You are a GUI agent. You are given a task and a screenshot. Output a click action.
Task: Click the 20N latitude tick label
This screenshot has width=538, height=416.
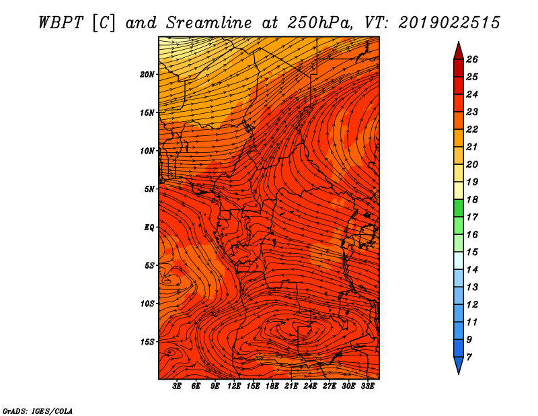pos(147,75)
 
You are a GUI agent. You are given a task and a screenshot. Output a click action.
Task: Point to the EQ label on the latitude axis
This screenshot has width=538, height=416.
pos(149,228)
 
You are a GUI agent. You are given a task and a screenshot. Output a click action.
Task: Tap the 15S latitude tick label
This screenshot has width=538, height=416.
pos(147,342)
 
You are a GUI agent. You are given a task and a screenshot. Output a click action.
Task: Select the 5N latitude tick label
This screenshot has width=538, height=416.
pos(149,189)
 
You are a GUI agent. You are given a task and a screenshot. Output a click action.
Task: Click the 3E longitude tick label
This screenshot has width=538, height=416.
pos(177,386)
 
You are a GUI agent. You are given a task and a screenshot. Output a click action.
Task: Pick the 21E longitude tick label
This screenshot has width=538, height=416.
pos(291,386)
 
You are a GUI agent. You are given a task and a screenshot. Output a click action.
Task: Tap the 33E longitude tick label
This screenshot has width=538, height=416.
pos(367,386)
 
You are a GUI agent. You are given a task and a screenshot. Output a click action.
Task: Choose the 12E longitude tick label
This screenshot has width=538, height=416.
pos(233,386)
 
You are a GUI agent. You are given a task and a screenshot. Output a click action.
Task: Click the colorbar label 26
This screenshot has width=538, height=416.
pos(472,59)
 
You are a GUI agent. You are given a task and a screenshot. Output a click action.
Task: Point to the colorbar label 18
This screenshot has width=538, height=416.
pos(472,199)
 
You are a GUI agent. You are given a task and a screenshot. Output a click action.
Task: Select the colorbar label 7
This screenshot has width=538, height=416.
pos(469,357)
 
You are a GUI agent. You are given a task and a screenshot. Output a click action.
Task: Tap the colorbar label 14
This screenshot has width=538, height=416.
pos(472,270)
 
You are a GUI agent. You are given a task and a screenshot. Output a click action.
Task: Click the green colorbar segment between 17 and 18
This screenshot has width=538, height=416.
pos(459,208)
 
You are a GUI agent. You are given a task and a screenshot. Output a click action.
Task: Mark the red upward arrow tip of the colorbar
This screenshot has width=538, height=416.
pos(459,42)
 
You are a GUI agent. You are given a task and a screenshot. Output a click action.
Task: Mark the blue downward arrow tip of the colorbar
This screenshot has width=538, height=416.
pos(459,374)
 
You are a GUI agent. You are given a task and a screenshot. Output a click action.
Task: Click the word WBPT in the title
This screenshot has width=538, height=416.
pos(61,23)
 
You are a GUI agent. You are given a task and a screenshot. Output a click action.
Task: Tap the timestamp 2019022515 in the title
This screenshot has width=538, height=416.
pos(449,23)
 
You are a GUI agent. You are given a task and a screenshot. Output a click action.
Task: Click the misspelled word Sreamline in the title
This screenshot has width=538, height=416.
pos(208,23)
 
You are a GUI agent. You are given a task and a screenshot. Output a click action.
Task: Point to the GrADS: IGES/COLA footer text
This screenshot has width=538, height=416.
pos(38,411)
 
